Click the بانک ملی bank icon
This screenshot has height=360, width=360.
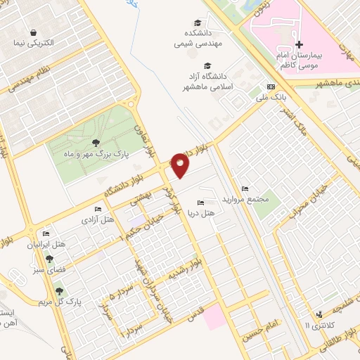click(270, 87)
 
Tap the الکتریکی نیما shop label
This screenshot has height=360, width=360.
click(34, 44)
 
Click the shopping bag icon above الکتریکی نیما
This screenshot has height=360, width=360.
click(33, 32)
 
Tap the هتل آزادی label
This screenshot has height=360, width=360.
click(98, 221)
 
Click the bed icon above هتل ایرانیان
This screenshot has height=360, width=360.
click(46, 233)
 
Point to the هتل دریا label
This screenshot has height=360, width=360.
click(210, 211)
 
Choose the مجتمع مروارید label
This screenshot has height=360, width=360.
click(245, 199)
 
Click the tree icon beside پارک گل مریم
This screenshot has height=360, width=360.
click(58, 290)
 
